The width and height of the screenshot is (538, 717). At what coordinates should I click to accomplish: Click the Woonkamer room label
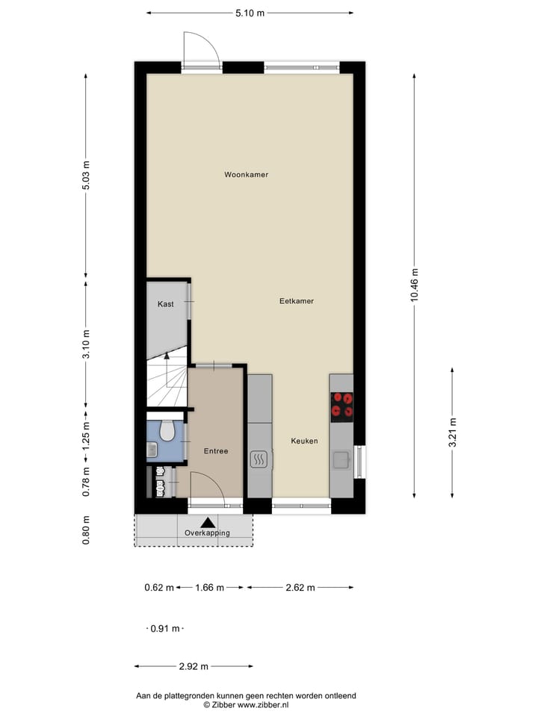246,175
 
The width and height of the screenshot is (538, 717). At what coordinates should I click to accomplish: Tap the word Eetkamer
296,301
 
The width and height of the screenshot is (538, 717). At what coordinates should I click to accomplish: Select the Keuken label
304,441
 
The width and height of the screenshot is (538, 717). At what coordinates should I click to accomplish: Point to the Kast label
165,304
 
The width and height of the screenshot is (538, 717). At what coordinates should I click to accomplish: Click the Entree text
215,451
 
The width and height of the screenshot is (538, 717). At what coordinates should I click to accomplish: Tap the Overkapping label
207,533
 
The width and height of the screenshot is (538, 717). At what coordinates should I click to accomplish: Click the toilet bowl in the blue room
167,432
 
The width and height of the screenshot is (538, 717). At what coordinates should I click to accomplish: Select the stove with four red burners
341,406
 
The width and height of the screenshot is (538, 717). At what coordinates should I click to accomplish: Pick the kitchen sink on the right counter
341,459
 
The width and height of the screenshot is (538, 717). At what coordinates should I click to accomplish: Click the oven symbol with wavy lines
259,459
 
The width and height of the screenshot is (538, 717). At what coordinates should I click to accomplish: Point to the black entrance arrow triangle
207,522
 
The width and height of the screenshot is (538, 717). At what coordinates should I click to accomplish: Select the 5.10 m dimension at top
250,13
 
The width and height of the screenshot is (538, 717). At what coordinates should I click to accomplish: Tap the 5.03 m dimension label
87,176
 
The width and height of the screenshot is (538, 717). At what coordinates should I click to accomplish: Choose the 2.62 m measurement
299,588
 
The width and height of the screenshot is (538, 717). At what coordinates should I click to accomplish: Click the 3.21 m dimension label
452,432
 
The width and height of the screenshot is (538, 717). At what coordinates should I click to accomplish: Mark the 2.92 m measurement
193,666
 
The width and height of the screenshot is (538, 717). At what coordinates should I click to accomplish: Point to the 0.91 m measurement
164,629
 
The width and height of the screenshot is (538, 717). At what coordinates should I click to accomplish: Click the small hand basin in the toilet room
151,449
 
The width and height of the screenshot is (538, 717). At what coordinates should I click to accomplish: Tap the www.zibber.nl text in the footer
263,704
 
